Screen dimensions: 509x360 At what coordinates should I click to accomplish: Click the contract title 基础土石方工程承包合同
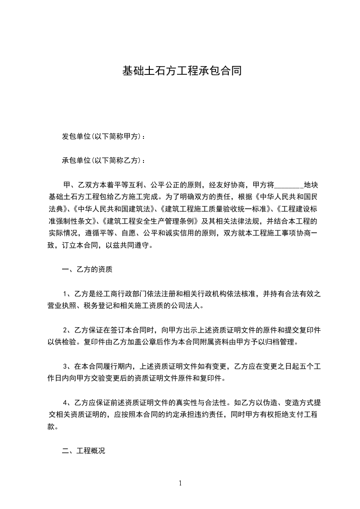click(182, 71)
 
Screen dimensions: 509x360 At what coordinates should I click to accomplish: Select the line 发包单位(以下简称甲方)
click(104, 137)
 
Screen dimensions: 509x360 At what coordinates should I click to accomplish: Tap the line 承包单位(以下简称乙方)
click(104, 161)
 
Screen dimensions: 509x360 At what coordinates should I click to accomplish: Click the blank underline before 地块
click(289, 185)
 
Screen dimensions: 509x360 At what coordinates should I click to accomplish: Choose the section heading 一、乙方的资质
click(87, 269)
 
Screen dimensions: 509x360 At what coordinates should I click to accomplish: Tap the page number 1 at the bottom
click(180, 483)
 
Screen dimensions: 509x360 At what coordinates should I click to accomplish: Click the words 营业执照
click(62, 306)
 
